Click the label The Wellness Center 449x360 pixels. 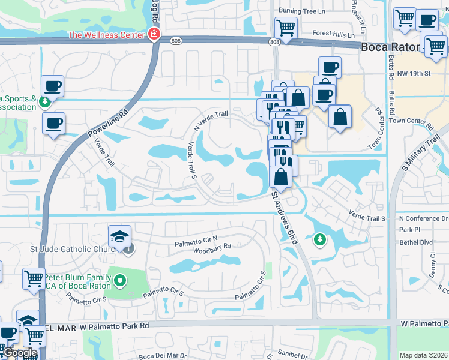[x=107, y=34]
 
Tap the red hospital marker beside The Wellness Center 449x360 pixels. [x=155, y=34]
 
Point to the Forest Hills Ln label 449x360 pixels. [x=330, y=35]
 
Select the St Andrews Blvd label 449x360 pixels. [x=285, y=217]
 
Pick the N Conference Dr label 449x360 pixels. [x=423, y=219]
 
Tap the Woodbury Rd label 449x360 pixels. [x=212, y=246]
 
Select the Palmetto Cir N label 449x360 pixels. [x=196, y=241]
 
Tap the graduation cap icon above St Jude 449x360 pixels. [x=120, y=235]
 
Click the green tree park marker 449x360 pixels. [x=319, y=240]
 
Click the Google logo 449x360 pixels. [x=20, y=353]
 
